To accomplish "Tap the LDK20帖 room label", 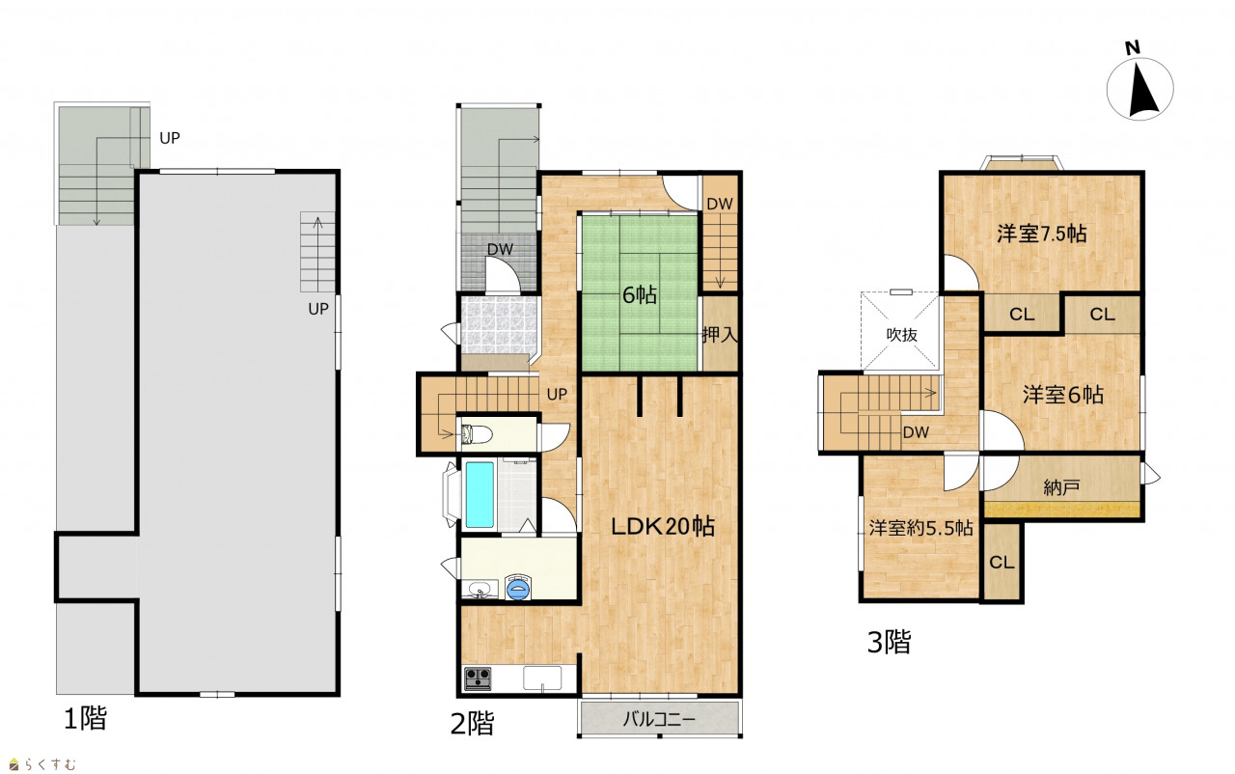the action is (x=663, y=527).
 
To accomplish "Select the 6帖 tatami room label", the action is (x=640, y=295).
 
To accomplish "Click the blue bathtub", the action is (x=480, y=494).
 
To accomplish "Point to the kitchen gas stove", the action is (x=478, y=678).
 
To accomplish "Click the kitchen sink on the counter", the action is (x=542, y=678).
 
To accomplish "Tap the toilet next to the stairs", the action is (x=476, y=434).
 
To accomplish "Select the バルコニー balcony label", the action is (x=659, y=719).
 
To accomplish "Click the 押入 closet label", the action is (x=720, y=334).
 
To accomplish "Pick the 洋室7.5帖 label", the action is (x=1041, y=234).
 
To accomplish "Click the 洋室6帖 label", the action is (x=1062, y=395).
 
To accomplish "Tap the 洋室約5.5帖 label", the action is (x=920, y=528).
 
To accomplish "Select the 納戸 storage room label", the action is (x=1061, y=487).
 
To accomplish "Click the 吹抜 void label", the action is (x=902, y=334).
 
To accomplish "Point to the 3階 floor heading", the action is (x=889, y=642).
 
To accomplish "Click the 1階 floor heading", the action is (x=86, y=718).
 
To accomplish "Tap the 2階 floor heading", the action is (x=472, y=724).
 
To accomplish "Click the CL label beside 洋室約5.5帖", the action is (x=1002, y=563).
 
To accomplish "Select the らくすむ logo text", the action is (x=42, y=764).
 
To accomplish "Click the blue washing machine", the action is (x=518, y=588).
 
